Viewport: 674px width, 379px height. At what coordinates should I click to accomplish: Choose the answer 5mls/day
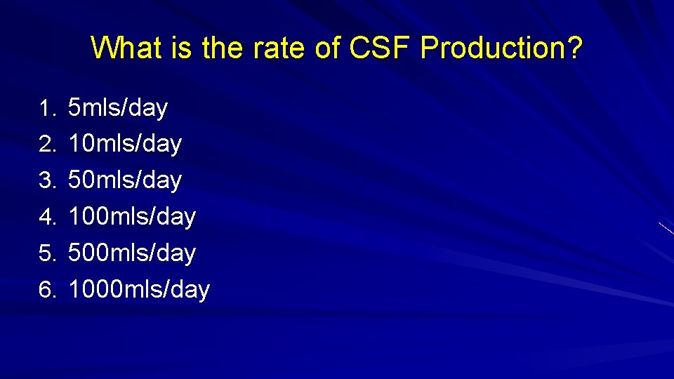[118, 108]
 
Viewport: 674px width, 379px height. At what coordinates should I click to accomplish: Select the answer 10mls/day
[125, 145]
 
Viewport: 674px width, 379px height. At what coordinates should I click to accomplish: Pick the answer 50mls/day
[125, 180]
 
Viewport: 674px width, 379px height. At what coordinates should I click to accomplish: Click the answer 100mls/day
[132, 217]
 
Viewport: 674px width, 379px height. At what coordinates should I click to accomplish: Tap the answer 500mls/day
[132, 253]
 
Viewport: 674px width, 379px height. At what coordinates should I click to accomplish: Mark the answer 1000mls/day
[139, 289]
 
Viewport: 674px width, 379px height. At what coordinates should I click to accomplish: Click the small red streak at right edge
[666, 228]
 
